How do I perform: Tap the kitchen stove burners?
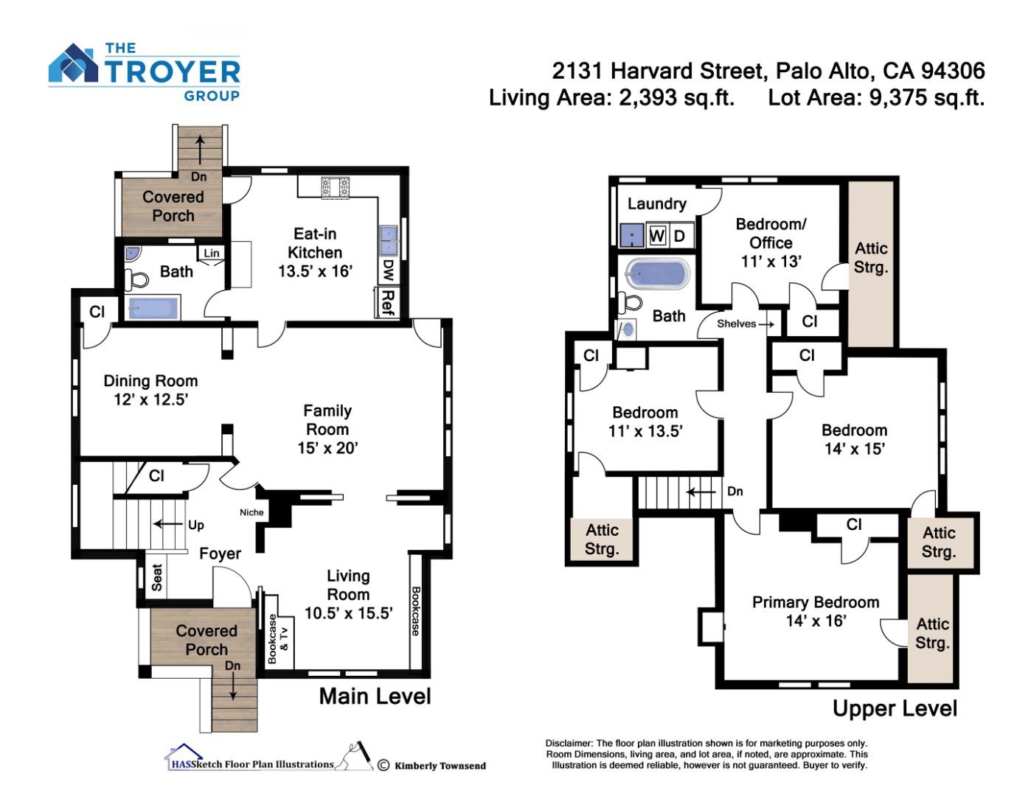point(335,186)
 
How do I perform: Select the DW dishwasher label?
point(388,270)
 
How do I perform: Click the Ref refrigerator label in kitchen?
point(388,302)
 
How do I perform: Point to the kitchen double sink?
point(389,241)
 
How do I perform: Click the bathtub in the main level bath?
point(153,307)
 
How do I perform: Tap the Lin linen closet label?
point(212,253)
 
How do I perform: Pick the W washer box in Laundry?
point(656,235)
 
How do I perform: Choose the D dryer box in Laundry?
point(679,235)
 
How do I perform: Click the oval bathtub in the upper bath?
point(656,273)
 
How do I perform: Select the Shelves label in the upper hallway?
point(736,324)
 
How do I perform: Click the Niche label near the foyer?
point(251,512)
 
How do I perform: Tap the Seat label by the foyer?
point(156,577)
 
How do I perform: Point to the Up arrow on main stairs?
point(168,524)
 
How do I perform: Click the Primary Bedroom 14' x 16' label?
point(816,611)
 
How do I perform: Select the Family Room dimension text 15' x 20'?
point(327,447)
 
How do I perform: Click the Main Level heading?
point(375,696)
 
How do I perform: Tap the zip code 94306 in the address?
point(953,71)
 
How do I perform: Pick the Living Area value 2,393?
point(648,98)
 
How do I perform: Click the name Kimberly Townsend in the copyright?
point(440,766)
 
